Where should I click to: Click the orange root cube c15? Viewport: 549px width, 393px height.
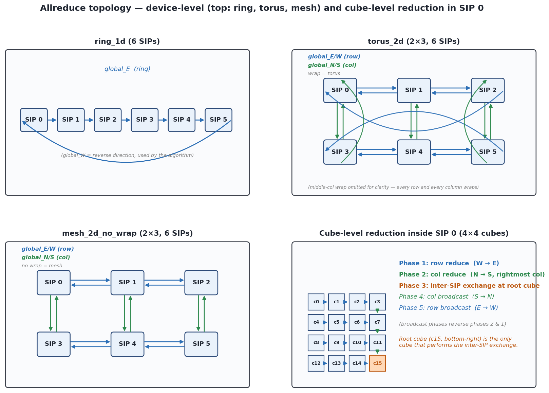point(377,363)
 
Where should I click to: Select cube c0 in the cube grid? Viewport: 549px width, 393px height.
point(316,302)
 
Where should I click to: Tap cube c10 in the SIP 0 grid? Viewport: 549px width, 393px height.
point(357,343)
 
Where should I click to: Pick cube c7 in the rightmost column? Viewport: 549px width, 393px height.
point(377,322)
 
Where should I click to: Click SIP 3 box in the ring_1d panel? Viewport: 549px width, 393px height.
point(145,120)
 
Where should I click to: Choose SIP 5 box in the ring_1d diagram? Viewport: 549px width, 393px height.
point(219,120)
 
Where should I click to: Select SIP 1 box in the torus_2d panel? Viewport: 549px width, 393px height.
point(414,90)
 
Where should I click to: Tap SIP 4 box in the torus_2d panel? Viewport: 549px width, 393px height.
point(414,152)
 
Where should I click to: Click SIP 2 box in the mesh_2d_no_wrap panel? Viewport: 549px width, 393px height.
point(201,283)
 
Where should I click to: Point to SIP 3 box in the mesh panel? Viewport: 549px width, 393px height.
point(54,344)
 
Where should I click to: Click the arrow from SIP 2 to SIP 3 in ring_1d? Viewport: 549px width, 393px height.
point(126,120)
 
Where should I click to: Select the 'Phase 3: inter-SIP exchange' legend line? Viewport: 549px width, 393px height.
point(469,286)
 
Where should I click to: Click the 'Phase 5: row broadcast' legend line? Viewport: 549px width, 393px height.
point(448,308)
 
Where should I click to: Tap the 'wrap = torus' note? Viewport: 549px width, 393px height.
point(324,74)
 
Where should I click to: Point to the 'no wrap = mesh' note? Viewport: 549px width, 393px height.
point(42,266)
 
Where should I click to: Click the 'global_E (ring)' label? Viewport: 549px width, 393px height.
point(128,69)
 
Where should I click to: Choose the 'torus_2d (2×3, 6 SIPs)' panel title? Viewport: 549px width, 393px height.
point(414,41)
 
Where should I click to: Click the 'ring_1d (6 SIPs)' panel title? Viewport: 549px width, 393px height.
point(127,41)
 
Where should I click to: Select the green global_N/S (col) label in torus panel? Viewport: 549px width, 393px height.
point(332,65)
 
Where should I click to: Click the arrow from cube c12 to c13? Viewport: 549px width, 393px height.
point(325,363)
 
